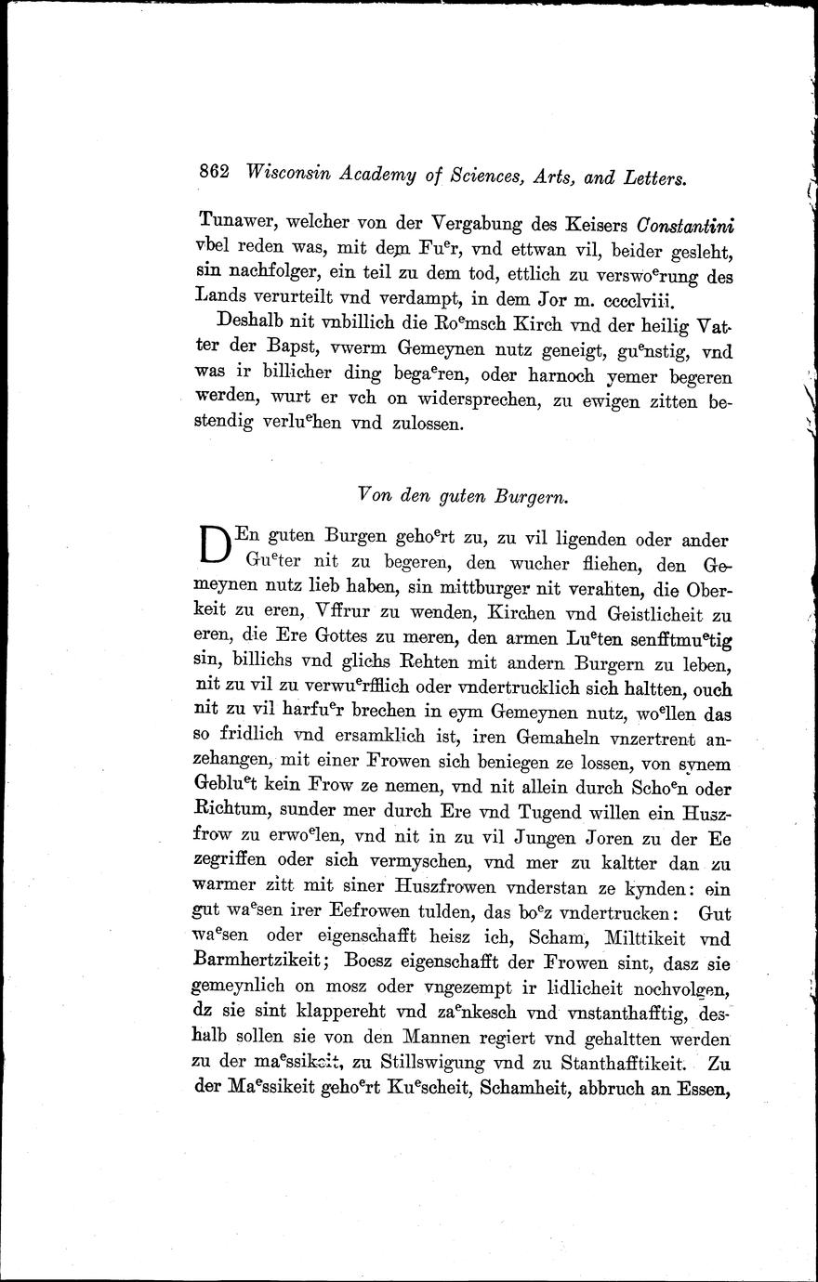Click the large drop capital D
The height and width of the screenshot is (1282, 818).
click(214, 548)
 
